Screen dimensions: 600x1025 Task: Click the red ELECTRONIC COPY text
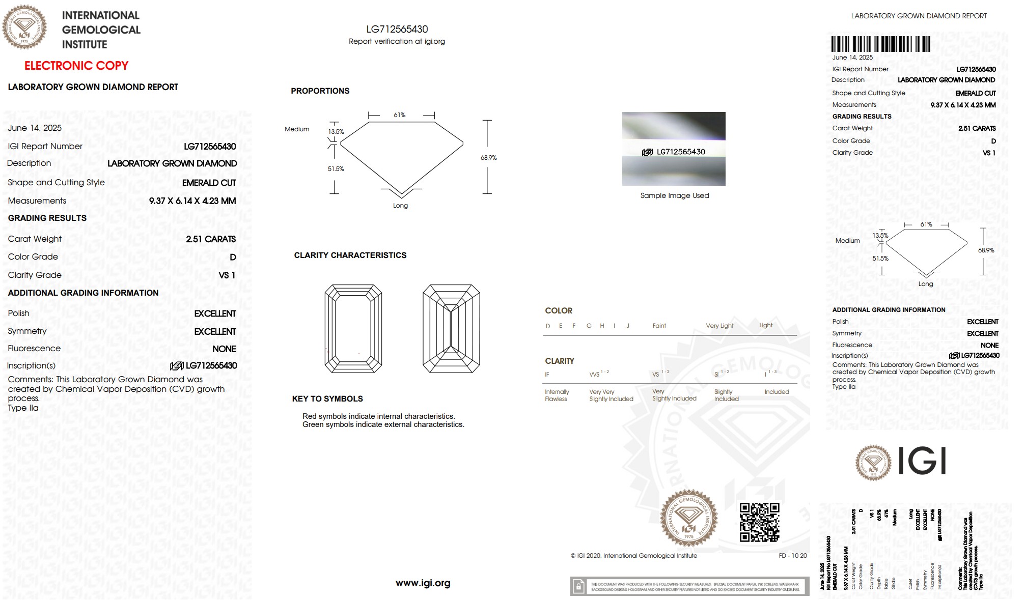(x=76, y=66)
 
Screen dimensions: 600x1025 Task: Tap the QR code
(x=759, y=522)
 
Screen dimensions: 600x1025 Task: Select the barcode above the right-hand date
(x=880, y=44)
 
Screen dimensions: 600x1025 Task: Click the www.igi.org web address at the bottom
(x=423, y=583)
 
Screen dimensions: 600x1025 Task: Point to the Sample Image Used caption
(x=674, y=195)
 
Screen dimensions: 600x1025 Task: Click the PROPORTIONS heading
(x=320, y=91)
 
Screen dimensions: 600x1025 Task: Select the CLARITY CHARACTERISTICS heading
(x=350, y=255)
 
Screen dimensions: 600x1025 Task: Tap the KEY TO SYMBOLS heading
(x=327, y=399)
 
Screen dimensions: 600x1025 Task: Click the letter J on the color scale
(x=628, y=326)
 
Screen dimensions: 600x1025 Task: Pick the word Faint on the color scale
(x=659, y=326)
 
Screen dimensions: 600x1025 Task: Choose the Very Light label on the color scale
(x=719, y=326)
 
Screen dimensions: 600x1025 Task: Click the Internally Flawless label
(x=557, y=395)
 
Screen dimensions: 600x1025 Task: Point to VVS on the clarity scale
(x=594, y=375)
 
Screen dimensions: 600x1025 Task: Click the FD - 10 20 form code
(x=792, y=556)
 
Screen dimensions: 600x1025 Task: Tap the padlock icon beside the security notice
(x=578, y=587)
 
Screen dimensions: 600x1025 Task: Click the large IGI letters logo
(x=922, y=461)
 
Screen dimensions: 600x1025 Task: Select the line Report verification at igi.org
(x=397, y=41)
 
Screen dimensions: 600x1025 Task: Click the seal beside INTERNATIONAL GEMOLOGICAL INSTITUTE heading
(x=24, y=27)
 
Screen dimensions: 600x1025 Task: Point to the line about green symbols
(x=383, y=424)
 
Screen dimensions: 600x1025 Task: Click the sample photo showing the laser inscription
(x=674, y=149)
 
